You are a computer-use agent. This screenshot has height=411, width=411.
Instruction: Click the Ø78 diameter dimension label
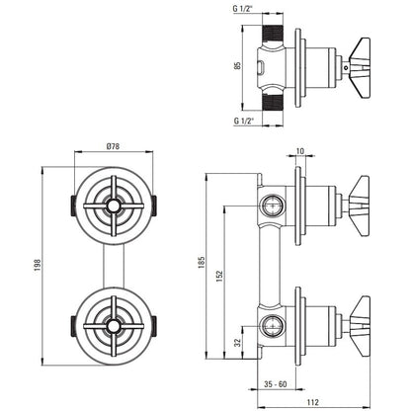coord(114,146)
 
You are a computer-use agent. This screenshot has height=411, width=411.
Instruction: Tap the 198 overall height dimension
coord(38,265)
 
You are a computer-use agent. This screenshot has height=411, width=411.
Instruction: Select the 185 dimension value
coord(202,263)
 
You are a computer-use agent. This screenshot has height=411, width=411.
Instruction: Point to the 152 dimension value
coord(219,277)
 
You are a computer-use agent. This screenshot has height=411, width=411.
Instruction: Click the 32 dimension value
coord(238,343)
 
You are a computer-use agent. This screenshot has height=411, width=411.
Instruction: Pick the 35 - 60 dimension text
coord(276,384)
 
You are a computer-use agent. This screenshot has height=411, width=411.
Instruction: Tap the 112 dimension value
coord(313,402)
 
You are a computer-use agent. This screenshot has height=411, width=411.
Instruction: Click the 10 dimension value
coord(300,151)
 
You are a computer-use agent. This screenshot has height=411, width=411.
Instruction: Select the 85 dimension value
coord(238,65)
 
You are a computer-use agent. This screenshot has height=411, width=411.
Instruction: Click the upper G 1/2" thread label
coord(242,9)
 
